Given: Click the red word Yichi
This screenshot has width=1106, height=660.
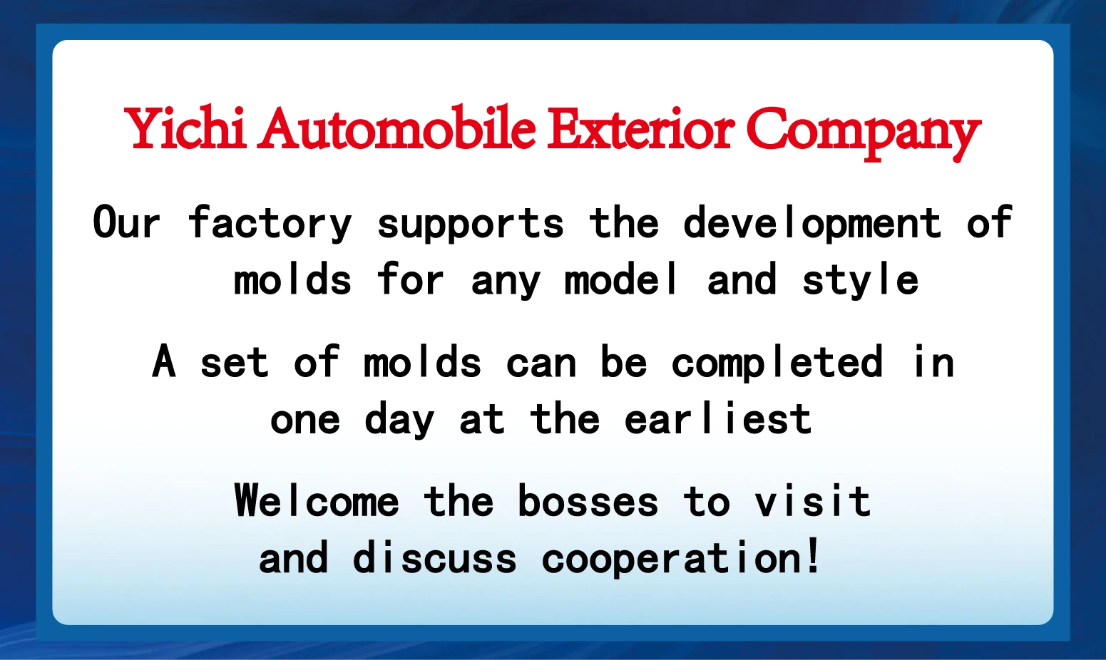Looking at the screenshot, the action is [x=185, y=128].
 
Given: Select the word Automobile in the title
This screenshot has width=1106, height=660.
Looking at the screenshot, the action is [x=396, y=128].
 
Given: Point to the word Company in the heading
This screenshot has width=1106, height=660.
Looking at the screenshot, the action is [x=863, y=133].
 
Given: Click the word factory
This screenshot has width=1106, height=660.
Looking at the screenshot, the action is [x=270, y=223].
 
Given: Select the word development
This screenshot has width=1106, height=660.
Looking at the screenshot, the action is [x=812, y=223].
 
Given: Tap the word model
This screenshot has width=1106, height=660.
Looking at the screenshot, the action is [x=620, y=279].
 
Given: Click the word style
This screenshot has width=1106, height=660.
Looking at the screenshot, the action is [x=860, y=280].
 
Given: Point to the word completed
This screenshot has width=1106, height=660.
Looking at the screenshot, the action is [x=777, y=363].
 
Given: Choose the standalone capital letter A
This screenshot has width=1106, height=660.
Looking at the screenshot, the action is [x=164, y=361].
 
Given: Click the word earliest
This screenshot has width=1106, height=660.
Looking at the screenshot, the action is [x=718, y=418].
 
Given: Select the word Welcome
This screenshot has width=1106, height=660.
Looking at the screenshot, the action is [x=317, y=500].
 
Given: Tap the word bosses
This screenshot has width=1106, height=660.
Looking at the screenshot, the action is [x=588, y=500].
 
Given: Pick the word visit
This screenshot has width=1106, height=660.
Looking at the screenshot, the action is [x=813, y=500].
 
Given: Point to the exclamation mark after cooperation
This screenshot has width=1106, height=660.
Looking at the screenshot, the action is [x=813, y=556].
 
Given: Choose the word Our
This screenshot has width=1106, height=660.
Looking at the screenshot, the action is [x=126, y=222].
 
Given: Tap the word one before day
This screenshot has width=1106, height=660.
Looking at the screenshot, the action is [x=305, y=421].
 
